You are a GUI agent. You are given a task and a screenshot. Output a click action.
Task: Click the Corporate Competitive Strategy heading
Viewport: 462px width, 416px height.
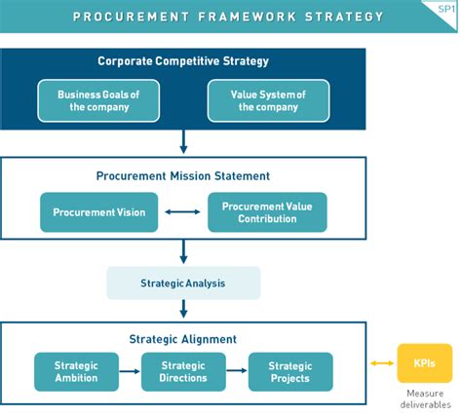point(182,61)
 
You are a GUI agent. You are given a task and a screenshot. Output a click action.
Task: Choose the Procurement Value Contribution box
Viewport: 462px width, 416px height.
point(267,211)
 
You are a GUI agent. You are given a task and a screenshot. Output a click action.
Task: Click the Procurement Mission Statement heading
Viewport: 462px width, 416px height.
point(183,176)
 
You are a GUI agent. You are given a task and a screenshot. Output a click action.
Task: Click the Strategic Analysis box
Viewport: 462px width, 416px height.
point(183,283)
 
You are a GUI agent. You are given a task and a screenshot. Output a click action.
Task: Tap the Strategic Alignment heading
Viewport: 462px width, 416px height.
point(183,339)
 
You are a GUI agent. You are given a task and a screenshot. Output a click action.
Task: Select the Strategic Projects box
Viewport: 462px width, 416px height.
point(289,371)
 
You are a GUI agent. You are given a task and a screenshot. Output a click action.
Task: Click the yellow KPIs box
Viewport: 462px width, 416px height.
point(425,364)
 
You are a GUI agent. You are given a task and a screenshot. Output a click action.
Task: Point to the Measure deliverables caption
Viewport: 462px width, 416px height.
point(425,398)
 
